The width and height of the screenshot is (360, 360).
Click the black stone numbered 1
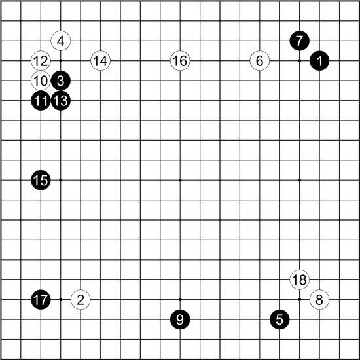[x=319, y=61]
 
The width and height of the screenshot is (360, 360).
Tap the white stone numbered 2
[x=81, y=300]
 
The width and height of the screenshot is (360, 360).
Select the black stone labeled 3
[x=61, y=81]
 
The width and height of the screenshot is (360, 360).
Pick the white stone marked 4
[x=61, y=41]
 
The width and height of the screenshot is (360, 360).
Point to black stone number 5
[x=279, y=319]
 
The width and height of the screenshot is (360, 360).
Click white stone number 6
[x=260, y=61]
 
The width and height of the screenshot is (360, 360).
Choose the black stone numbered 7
[x=299, y=41]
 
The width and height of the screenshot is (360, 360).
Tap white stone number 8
[x=319, y=300]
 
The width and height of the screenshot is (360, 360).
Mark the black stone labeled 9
[x=180, y=319]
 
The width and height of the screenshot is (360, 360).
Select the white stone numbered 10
[x=41, y=81]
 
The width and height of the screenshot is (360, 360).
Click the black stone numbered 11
[x=41, y=101]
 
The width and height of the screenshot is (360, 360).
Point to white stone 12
[x=41, y=61]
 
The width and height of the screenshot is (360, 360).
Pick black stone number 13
[x=61, y=101]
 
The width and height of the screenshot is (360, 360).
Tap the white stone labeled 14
[x=101, y=61]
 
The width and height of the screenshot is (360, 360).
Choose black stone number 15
[x=41, y=180]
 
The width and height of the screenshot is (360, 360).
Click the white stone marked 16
[x=180, y=61]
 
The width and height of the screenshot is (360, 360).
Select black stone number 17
[x=41, y=300]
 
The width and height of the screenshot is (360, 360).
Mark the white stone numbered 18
[x=299, y=279]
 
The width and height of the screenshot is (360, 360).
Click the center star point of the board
[x=180, y=180]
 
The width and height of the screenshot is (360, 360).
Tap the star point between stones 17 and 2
[x=61, y=300]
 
